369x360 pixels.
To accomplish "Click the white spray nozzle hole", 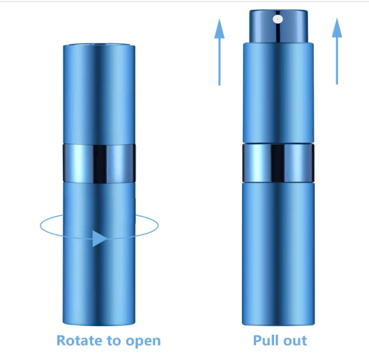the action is click(278, 19).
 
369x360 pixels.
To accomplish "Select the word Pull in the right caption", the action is click(265, 340).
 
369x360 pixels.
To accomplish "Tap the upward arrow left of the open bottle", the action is click(219, 52).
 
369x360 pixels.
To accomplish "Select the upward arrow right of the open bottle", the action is click(337, 51).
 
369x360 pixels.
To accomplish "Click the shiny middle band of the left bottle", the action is click(99, 163).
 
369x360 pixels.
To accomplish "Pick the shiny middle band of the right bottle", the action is click(278, 163).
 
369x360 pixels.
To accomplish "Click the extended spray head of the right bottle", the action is click(278, 26).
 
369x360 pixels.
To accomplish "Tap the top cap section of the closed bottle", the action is click(99, 94).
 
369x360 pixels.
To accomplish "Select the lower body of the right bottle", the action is click(278, 254).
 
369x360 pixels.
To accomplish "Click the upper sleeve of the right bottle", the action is click(278, 92).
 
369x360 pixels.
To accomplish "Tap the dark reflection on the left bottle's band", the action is click(100, 164).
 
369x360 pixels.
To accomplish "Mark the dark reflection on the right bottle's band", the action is click(278, 163).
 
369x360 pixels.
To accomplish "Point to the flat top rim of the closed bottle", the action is click(99, 45).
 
